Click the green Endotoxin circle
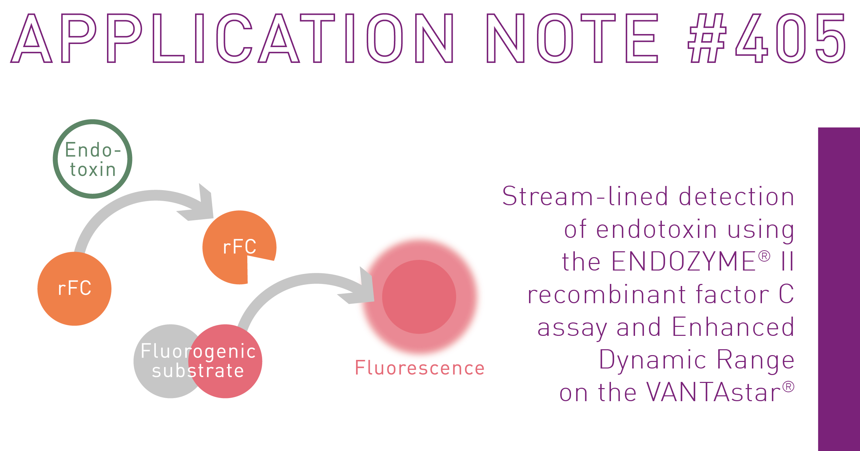tap(92, 159)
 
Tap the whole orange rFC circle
tap(74, 289)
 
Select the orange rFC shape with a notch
tap(234, 247)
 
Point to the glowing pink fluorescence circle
tap(419, 296)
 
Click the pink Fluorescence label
tap(420, 368)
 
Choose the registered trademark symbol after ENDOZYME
tap(764, 256)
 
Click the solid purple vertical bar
tap(839, 289)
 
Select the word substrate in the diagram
tap(198, 371)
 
